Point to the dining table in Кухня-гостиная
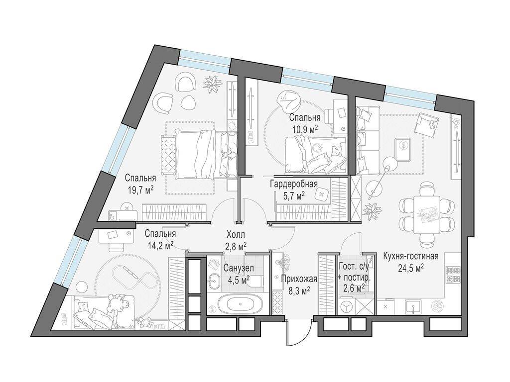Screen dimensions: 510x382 click(427, 214)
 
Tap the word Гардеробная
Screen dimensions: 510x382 click(294, 184)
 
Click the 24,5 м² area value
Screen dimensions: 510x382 click(411, 267)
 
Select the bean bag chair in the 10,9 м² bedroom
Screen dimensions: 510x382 click(287, 99)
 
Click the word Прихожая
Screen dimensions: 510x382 click(299, 279)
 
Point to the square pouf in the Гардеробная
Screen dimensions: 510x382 click(321, 194)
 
